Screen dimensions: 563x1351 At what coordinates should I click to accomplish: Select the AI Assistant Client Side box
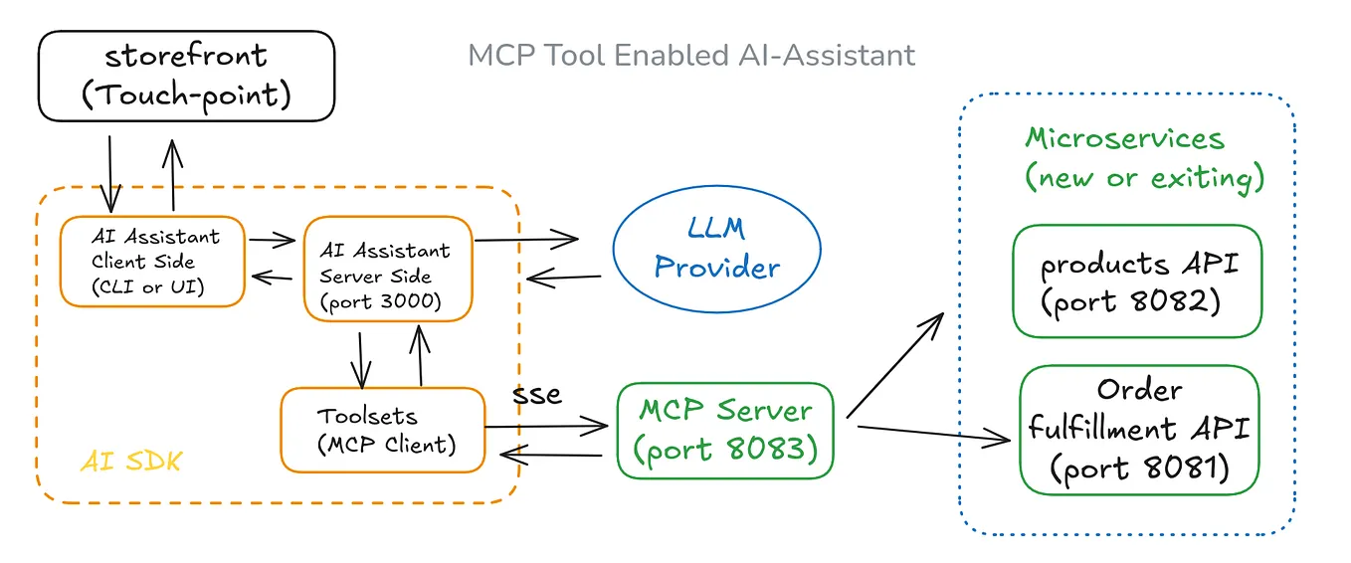click(152, 262)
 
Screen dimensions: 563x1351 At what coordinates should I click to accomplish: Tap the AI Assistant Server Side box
click(387, 268)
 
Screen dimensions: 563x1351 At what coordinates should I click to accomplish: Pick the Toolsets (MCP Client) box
click(383, 429)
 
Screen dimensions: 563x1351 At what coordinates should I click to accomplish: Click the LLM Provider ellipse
click(716, 248)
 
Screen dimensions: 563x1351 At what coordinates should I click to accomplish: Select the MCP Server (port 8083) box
click(724, 430)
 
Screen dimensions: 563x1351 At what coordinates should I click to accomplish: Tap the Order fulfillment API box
click(1139, 430)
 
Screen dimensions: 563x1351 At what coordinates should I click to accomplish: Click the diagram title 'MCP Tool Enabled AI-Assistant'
click(691, 55)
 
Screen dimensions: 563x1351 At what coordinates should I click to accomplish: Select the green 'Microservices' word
click(1124, 138)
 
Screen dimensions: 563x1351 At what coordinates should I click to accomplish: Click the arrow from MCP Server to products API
click(894, 363)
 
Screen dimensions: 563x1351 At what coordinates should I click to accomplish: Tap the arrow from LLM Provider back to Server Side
click(565, 278)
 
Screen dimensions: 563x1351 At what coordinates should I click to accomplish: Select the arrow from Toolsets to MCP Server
click(546, 426)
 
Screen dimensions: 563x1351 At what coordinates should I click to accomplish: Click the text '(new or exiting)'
click(1144, 178)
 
